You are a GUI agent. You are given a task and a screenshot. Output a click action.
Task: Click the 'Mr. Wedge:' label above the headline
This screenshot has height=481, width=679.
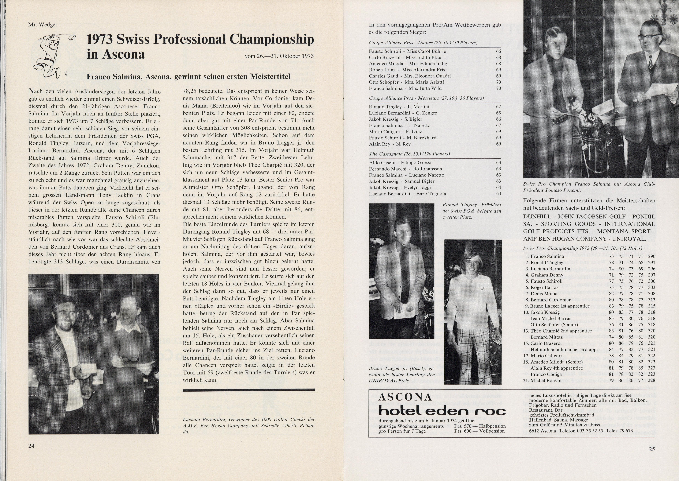pos(43,25)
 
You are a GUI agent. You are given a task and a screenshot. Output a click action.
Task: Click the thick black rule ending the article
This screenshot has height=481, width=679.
pos(249,390)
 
